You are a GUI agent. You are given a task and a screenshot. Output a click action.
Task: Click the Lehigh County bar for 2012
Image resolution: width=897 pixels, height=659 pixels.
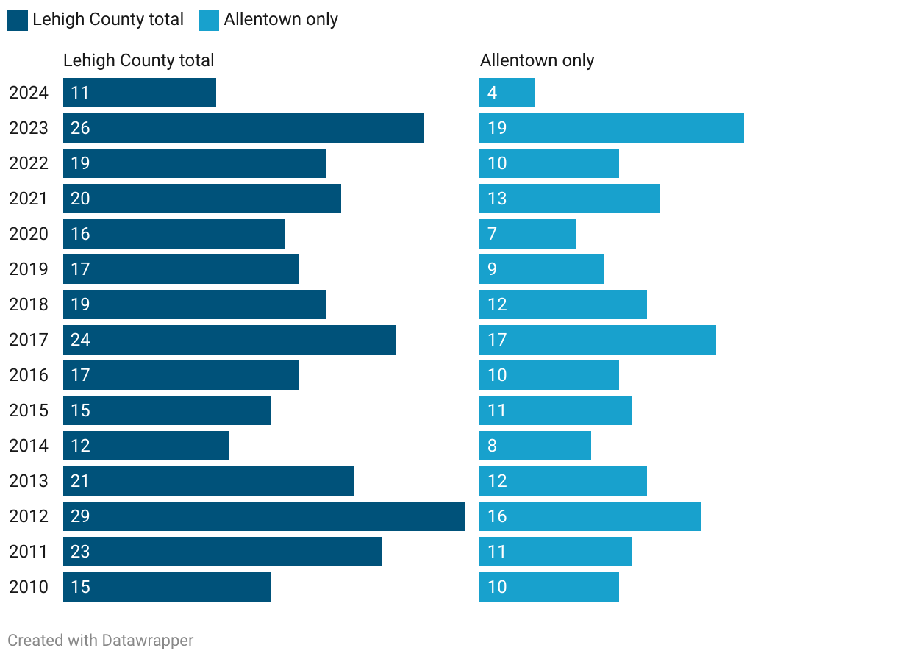[264, 516]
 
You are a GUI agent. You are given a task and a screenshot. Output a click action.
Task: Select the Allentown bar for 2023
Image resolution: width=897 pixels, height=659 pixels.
[612, 128]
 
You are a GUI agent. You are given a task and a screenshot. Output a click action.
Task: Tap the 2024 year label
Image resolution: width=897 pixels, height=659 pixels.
[29, 93]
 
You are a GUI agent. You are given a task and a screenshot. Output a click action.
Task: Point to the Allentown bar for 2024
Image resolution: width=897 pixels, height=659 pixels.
[507, 93]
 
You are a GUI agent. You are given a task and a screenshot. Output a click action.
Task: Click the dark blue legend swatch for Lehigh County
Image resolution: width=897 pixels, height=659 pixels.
[18, 21]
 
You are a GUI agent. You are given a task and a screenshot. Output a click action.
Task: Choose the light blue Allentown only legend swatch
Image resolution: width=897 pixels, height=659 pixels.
[209, 21]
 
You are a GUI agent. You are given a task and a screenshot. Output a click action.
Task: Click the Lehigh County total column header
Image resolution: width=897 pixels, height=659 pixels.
[139, 60]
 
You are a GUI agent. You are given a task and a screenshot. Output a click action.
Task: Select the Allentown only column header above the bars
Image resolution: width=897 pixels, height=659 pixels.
[537, 60]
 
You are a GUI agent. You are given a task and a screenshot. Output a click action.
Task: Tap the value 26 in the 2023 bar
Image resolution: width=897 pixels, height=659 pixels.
[80, 128]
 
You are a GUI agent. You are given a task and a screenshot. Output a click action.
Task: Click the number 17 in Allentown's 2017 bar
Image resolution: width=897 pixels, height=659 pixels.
[498, 340]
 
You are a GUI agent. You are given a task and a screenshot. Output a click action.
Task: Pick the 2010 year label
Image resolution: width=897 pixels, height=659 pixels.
[29, 587]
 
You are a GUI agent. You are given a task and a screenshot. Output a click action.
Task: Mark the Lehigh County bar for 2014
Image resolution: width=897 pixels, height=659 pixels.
[146, 446]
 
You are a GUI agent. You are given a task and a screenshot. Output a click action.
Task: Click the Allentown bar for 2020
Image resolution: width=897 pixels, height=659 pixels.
[528, 234]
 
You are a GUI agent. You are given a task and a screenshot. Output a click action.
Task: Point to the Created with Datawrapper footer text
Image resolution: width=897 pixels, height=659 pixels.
[101, 641]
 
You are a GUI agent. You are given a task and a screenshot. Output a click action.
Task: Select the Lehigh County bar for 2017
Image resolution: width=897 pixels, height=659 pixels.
[229, 340]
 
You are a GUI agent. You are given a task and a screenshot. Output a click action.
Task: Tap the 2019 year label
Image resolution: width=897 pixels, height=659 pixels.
[29, 269]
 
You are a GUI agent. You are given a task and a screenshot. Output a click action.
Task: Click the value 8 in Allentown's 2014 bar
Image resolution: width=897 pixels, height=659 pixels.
[493, 446]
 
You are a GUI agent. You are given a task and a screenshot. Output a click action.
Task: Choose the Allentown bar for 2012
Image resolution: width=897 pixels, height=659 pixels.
[590, 516]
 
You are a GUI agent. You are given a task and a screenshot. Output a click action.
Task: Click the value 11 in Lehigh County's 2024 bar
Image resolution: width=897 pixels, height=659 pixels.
[80, 93]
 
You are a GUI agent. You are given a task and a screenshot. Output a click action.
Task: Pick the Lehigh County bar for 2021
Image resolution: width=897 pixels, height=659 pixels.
[202, 199]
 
